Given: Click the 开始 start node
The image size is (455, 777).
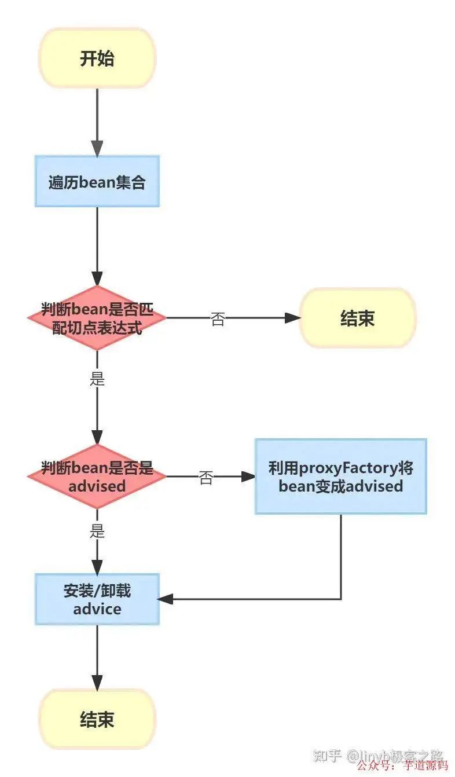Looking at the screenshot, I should click(97, 58).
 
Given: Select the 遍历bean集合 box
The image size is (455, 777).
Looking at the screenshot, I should click(97, 181).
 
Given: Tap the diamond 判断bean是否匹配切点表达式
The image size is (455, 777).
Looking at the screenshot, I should click(97, 317).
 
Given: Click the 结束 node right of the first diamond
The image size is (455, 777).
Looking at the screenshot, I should click(357, 318).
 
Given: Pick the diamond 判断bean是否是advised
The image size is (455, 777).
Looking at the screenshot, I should click(97, 477).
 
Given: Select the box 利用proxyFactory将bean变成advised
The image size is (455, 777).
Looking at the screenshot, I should click(340, 477).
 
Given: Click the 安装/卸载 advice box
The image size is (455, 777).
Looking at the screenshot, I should click(97, 599).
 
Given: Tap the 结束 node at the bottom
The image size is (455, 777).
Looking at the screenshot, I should click(97, 720).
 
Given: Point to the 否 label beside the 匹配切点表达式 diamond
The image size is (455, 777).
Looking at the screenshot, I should click(217, 319).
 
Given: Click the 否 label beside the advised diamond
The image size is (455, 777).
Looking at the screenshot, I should click(206, 478).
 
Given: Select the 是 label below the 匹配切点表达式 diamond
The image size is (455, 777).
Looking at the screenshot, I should click(97, 379).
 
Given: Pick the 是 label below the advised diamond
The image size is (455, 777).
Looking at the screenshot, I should click(97, 531).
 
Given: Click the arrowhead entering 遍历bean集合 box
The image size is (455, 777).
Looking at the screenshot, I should click(97, 149).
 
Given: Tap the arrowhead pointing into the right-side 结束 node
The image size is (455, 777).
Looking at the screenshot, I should click(293, 317).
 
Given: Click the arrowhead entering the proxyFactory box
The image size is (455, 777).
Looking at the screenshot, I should click(248, 477).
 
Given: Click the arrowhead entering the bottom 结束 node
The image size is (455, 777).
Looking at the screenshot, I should click(97, 683).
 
